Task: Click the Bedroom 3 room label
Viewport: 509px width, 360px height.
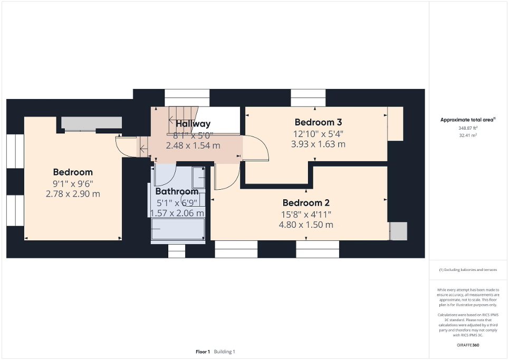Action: (314, 122)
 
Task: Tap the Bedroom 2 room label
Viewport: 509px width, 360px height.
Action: (302, 203)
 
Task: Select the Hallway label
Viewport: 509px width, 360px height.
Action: (193, 124)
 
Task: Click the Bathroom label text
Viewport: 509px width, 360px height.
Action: (177, 191)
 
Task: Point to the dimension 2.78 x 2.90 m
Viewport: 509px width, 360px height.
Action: (73, 194)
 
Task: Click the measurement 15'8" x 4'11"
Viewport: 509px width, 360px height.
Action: (306, 214)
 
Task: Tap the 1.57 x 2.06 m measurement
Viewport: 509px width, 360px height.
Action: (177, 213)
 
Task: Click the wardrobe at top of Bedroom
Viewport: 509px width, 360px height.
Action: (91, 123)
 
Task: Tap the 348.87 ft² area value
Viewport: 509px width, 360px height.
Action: (468, 128)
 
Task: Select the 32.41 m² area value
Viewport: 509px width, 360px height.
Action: (468, 135)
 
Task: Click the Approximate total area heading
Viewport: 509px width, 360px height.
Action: (468, 120)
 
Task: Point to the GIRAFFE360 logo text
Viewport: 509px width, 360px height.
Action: (468, 345)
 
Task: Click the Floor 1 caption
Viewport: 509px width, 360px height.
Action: (203, 352)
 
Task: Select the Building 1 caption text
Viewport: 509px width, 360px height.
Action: (225, 352)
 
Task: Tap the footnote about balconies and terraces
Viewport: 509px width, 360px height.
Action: (468, 269)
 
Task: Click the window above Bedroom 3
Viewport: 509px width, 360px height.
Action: (308, 98)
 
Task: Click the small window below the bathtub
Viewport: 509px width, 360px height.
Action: (177, 251)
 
